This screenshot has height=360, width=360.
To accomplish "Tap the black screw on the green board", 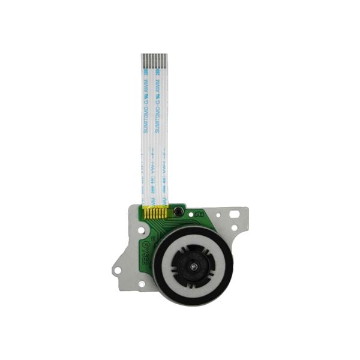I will pos(178,212).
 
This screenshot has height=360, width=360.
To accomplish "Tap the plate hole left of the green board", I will pos(139,228).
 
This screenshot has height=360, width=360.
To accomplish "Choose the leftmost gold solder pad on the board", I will pos(149,212).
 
